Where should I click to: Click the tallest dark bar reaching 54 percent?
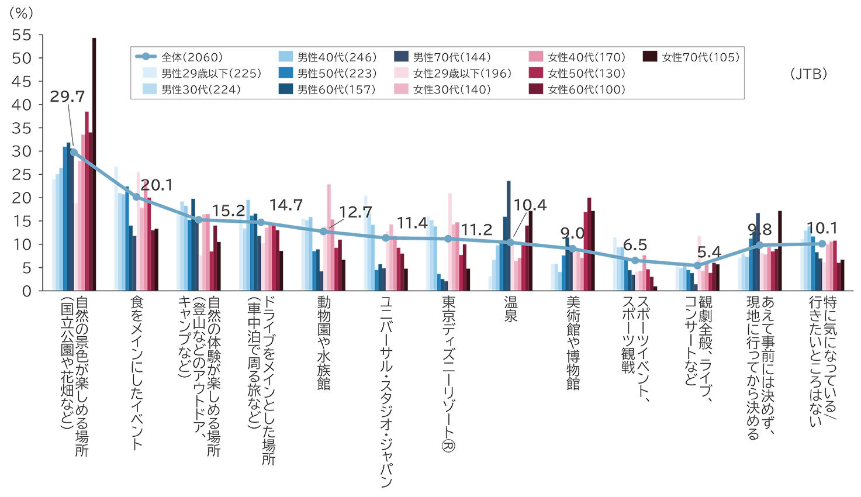(94, 164)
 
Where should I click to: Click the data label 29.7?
(67, 97)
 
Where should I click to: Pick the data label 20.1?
(157, 185)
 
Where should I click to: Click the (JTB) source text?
(808, 74)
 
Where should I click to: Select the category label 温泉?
(511, 309)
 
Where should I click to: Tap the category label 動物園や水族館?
(324, 343)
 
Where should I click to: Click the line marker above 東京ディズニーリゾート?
(448, 239)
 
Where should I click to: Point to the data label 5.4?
(709, 253)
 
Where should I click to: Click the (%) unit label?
(21, 13)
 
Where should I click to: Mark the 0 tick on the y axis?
(26, 291)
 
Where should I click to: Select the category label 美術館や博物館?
(573, 343)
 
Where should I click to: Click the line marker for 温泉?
(510, 243)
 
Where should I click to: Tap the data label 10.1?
(822, 228)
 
